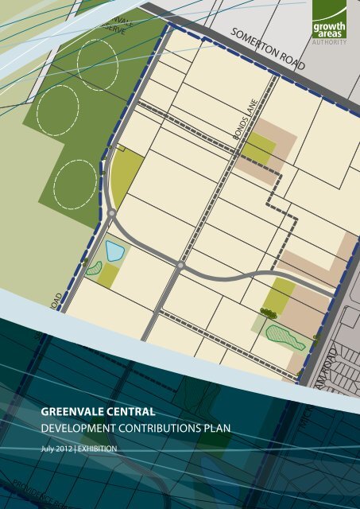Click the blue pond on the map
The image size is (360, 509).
(x=114, y=252)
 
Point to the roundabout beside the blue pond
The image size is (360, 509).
(x=112, y=214)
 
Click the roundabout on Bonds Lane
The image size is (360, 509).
(x=181, y=266)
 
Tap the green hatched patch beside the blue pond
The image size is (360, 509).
(x=95, y=269)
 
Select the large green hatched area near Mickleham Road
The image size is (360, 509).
(x=284, y=337)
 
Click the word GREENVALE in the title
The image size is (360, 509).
(x=71, y=413)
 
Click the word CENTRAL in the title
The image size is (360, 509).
(x=128, y=413)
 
